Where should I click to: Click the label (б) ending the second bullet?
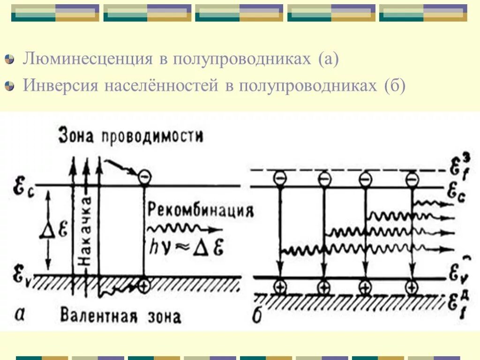pos(394,86)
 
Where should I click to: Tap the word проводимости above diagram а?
pos(152,136)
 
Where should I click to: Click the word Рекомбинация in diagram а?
pos(200,210)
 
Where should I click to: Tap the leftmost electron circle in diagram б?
pos(280,179)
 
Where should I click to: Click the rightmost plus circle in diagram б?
pos(411,287)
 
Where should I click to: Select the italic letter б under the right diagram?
pos(257,316)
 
